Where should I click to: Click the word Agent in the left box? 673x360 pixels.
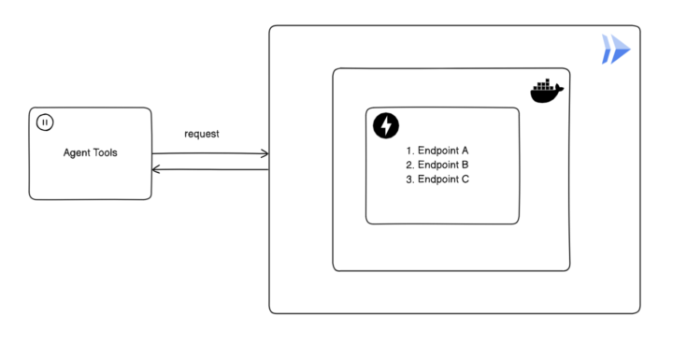click(x=78, y=152)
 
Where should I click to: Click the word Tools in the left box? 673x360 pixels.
click(x=106, y=152)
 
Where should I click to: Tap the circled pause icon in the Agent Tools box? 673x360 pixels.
click(x=44, y=122)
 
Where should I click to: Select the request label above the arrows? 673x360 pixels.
click(x=202, y=134)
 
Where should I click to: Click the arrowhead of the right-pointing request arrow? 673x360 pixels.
click(x=265, y=153)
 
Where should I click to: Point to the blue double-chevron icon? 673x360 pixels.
click(x=616, y=49)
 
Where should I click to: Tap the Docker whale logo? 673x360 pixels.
click(x=547, y=91)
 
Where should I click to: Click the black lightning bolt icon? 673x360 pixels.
click(x=385, y=125)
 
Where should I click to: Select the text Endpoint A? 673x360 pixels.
click(x=443, y=150)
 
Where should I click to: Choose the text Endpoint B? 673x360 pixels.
click(x=443, y=165)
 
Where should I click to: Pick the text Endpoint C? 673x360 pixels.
click(x=443, y=180)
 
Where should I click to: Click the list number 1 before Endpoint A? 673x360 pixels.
click(x=408, y=150)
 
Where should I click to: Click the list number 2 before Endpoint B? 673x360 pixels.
click(x=409, y=165)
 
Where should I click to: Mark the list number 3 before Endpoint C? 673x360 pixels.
click(x=409, y=180)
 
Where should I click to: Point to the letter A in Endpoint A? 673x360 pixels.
click(x=465, y=150)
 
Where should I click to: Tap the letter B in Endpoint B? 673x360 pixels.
click(x=465, y=165)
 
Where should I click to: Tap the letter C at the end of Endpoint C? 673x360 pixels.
click(x=465, y=180)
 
